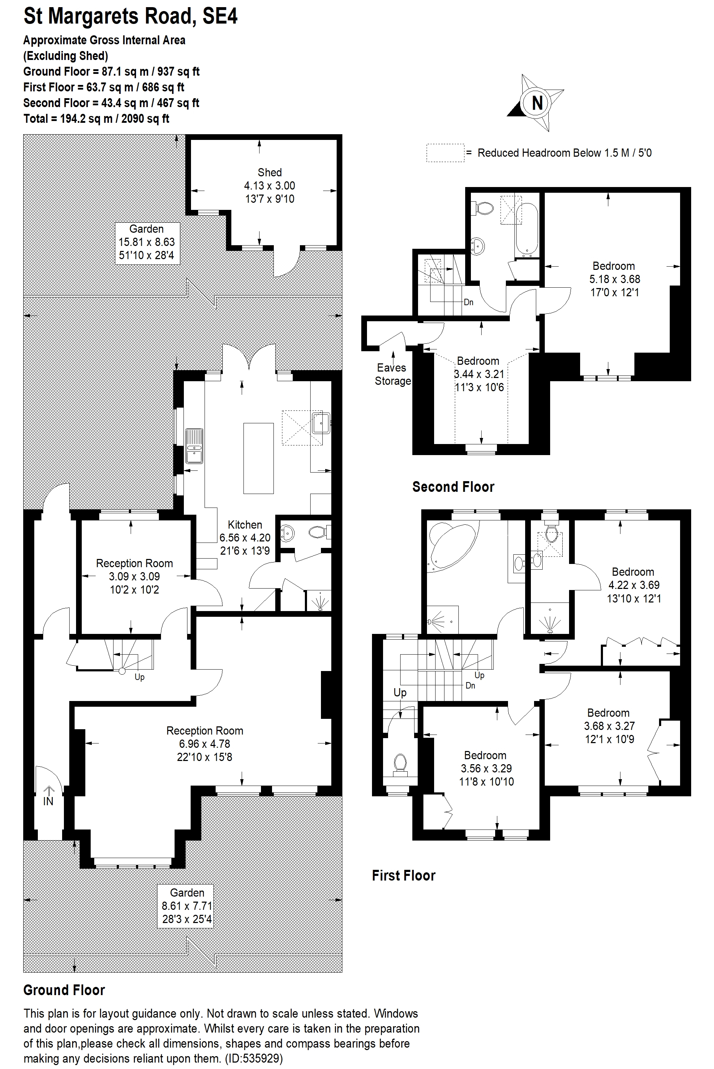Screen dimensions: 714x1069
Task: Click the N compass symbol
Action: pos(537,102)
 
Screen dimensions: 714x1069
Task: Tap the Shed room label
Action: pos(270,172)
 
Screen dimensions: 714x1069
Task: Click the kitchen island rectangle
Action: pos(258,458)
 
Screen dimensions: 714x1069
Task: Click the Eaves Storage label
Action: pos(392,374)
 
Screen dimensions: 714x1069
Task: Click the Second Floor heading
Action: pos(453,487)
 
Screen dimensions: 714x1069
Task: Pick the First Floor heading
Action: pos(403,876)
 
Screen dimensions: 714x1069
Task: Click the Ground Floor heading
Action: pos(64,990)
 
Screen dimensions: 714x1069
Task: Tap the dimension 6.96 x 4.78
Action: pos(205,744)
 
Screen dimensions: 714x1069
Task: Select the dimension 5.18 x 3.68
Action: pos(615,279)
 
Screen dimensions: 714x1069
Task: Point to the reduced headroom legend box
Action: pos(445,153)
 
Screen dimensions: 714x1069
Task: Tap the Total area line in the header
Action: pos(96,119)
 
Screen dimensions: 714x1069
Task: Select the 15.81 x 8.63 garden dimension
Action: pos(147,242)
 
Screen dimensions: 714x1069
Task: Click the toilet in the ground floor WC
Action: pos(320,532)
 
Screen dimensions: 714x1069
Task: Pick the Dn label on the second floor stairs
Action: pos(468,302)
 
